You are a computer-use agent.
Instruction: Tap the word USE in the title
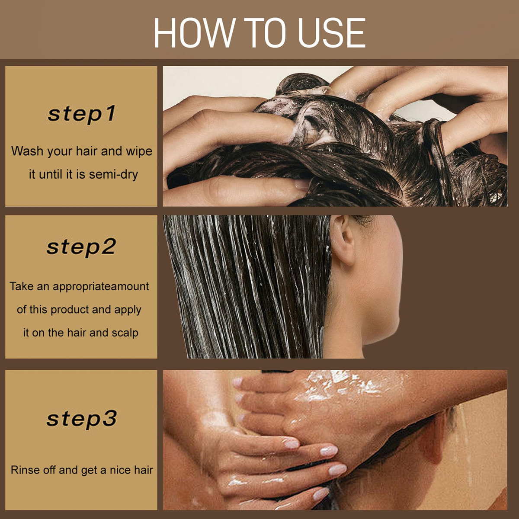332,33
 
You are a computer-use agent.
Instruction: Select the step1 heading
82,114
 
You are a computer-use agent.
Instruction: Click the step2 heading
81,247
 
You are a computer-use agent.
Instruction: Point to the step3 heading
82,419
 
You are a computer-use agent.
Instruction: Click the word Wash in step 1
28,151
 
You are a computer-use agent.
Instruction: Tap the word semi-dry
113,175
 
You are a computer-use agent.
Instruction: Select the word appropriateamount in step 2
101,287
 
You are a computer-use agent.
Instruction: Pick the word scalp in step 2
125,333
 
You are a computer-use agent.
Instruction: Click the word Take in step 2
22,286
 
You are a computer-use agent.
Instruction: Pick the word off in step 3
50,470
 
